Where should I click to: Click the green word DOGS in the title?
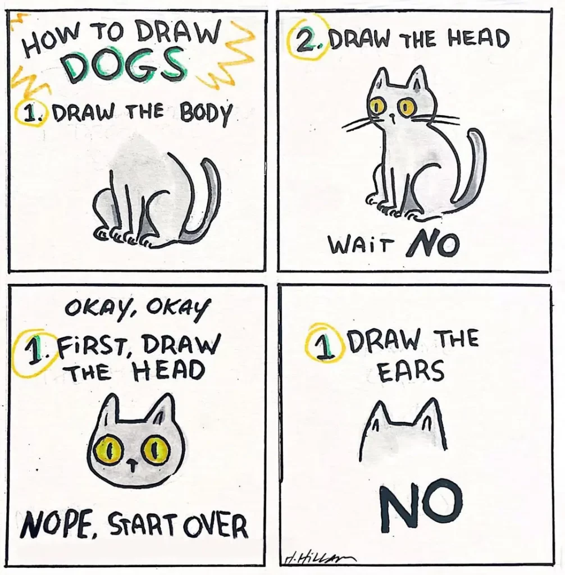pyautogui.click(x=124, y=65)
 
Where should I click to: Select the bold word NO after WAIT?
pyautogui.click(x=432, y=244)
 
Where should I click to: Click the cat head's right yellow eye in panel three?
pyautogui.click(x=155, y=447)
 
